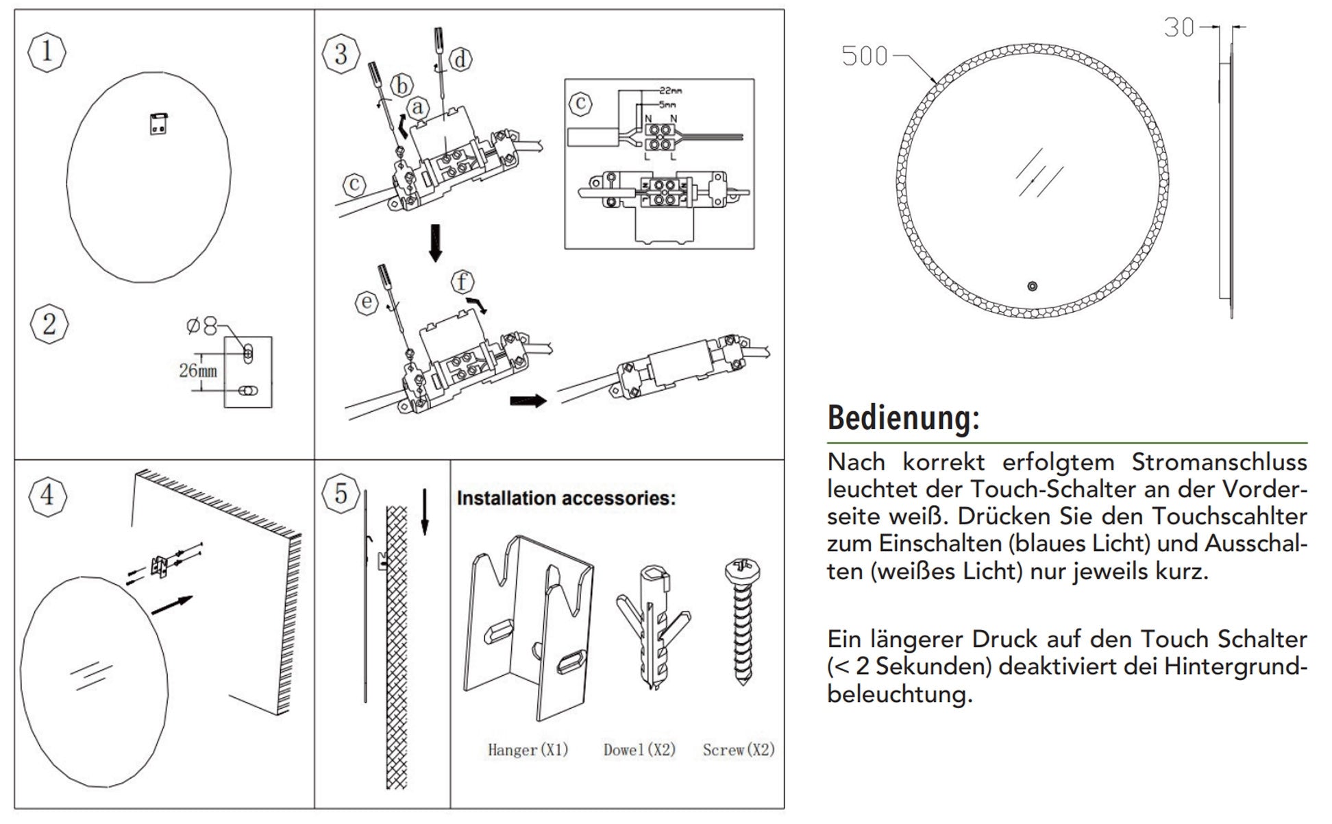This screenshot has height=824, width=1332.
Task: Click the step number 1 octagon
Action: [x=47, y=51]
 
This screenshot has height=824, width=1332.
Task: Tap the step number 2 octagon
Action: [x=49, y=324]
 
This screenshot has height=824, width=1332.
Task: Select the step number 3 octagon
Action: [x=341, y=54]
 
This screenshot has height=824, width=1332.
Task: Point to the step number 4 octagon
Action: [x=47, y=494]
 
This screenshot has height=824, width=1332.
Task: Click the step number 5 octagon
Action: [x=341, y=494]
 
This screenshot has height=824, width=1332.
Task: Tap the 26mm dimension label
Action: [x=197, y=371]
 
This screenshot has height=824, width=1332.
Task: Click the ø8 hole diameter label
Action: [x=201, y=326]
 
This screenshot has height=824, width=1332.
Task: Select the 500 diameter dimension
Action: [x=864, y=56]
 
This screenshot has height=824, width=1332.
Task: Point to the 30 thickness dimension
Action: [x=1179, y=27]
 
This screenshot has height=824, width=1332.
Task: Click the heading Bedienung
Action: [x=903, y=417]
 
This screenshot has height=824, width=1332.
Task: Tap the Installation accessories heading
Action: [x=566, y=498]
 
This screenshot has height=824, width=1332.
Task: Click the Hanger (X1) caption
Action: [x=528, y=750]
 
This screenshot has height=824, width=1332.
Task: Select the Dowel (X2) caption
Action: [x=639, y=750]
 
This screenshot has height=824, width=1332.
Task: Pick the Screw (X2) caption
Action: [x=739, y=750]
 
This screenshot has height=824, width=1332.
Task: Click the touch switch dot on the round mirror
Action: [x=1033, y=287]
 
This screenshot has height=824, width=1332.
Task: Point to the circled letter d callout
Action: [x=460, y=60]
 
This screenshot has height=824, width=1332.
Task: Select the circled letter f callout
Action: [x=463, y=282]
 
